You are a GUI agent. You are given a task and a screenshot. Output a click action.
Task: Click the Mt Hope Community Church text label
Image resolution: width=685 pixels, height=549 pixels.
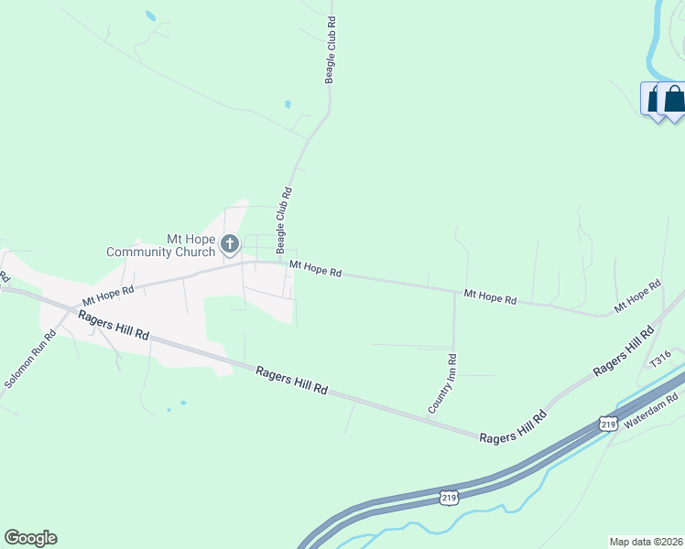(x=160, y=245)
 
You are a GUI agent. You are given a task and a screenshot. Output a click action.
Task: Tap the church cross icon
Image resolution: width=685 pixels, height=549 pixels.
(x=229, y=244)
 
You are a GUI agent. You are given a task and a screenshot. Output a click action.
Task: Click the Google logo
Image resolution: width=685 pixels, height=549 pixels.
(x=30, y=538)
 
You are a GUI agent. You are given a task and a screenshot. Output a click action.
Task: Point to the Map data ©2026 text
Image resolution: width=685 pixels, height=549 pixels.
(x=646, y=542)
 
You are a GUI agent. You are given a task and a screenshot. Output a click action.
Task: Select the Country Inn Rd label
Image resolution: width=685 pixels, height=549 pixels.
(x=441, y=383)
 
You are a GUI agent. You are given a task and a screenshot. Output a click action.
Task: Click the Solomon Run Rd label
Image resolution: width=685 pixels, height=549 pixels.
(x=29, y=360)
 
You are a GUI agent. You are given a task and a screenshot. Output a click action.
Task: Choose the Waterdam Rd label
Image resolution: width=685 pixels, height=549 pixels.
(x=650, y=411)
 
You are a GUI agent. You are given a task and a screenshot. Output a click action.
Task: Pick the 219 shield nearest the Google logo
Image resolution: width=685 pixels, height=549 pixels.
(x=448, y=497)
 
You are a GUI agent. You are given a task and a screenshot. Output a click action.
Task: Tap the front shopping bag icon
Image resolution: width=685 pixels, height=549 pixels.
(x=674, y=100)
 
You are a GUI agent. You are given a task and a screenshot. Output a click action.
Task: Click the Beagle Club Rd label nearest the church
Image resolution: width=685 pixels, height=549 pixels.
(x=285, y=215)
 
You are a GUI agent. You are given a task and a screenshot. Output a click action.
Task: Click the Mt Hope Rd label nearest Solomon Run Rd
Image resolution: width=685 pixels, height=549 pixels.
(x=108, y=296)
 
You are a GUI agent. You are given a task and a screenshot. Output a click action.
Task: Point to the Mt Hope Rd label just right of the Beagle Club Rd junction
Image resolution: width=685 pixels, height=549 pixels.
(x=315, y=269)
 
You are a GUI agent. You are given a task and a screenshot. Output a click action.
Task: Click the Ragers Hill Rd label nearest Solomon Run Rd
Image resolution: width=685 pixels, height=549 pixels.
(x=114, y=326)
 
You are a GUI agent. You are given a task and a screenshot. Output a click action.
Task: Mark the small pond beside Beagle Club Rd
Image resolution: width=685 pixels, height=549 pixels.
(x=288, y=104)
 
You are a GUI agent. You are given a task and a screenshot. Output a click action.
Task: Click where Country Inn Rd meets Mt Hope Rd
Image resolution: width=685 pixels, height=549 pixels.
(x=454, y=293)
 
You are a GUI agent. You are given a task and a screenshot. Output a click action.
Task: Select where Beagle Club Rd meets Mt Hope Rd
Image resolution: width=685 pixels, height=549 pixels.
(x=281, y=263)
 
